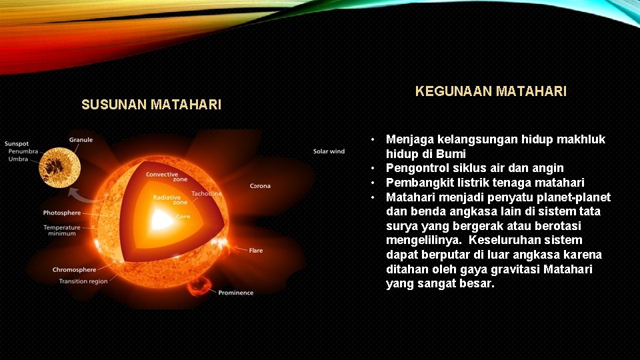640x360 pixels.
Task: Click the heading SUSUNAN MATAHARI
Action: (151, 105)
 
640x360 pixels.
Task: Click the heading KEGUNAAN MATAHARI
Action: (491, 91)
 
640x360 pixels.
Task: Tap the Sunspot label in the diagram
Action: (17, 143)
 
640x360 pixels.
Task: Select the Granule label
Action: (81, 140)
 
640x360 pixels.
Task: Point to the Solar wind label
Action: (329, 151)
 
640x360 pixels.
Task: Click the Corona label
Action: (260, 186)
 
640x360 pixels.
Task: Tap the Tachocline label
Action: (206, 194)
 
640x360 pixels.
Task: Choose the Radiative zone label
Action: (166, 200)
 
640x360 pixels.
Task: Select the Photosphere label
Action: (62, 213)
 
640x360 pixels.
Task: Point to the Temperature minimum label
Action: (62, 231)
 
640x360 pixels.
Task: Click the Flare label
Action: (256, 251)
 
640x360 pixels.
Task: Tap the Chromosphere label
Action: (75, 270)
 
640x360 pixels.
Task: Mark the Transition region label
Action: (83, 281)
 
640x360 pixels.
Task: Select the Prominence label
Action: (235, 293)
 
